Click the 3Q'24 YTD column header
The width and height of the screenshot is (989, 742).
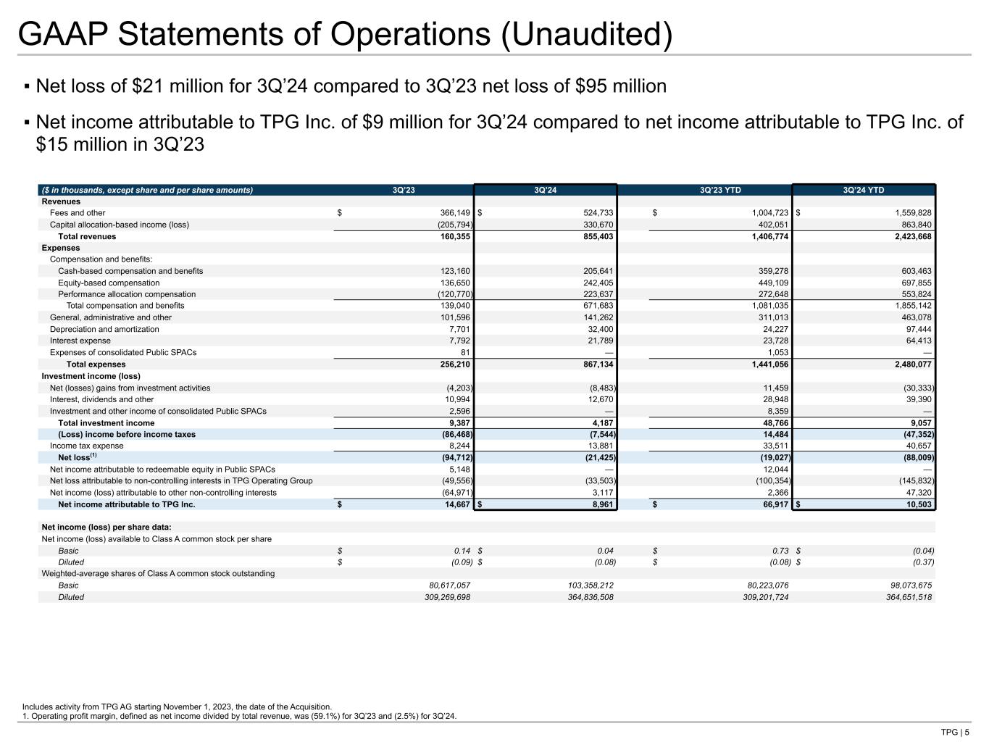(864, 191)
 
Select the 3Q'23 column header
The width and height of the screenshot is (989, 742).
(404, 191)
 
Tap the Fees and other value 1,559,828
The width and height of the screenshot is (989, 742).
(906, 213)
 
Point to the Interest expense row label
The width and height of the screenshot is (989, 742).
(80, 341)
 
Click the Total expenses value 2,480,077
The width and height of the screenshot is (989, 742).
(906, 364)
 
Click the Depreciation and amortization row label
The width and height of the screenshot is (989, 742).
(104, 329)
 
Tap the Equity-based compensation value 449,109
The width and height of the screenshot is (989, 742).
(771, 283)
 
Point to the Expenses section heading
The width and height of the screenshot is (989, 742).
(61, 248)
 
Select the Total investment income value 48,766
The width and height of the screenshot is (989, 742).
(773, 423)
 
